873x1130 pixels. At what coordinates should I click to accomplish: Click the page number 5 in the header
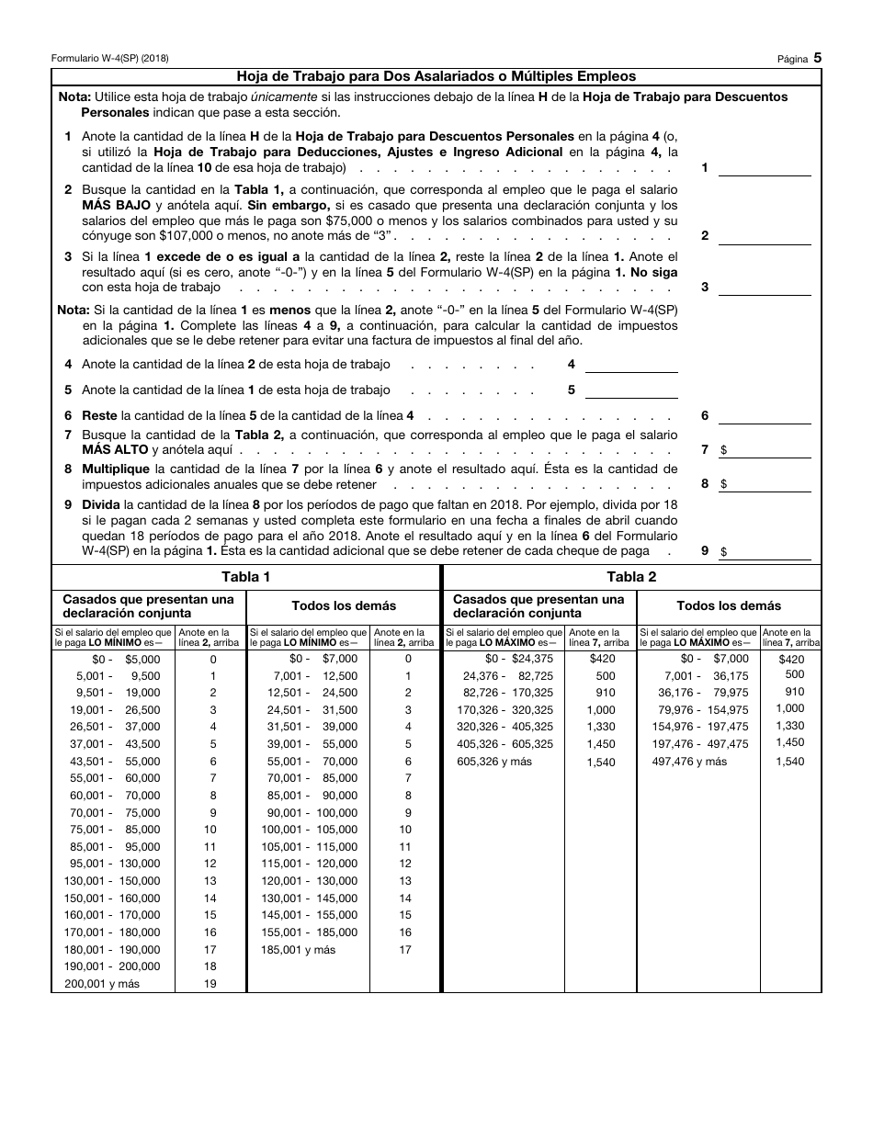tap(817, 57)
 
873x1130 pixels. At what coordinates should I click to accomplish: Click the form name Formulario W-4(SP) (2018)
tap(109, 58)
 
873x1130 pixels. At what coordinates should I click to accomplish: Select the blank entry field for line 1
tap(764, 167)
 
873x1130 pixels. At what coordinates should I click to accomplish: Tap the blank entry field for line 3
tap(764, 287)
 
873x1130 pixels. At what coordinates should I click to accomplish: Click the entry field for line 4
tap(631, 364)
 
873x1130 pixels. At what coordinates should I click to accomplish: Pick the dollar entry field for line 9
tap(769, 551)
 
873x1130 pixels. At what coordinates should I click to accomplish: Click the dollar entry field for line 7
tap(769, 450)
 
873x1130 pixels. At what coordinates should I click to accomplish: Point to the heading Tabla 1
tap(246, 577)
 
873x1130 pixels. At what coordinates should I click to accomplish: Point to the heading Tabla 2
tap(631, 577)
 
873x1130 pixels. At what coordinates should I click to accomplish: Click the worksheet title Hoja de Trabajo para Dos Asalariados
tap(436, 76)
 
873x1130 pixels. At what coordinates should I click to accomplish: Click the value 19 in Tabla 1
tap(210, 984)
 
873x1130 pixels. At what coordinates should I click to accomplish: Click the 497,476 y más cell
tap(689, 762)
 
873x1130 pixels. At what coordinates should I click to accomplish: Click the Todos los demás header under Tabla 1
tap(344, 605)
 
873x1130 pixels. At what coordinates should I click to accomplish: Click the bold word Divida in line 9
tap(101, 504)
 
